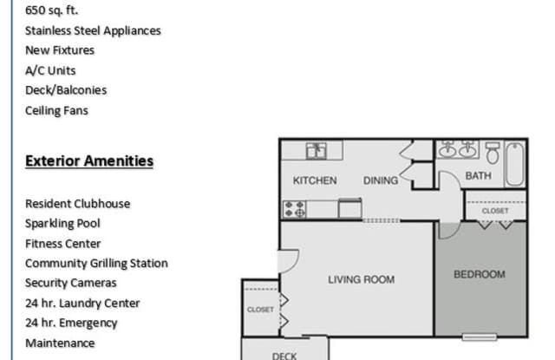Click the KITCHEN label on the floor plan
(x=315, y=180)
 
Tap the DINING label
(x=380, y=180)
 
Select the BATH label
(x=478, y=175)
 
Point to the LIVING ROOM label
(x=361, y=279)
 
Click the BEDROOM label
(x=480, y=274)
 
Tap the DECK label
(x=284, y=355)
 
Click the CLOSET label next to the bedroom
(x=495, y=210)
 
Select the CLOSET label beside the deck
(x=259, y=309)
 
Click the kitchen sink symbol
(x=317, y=151)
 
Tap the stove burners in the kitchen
(x=294, y=208)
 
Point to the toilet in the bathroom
(x=493, y=154)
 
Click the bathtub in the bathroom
(x=515, y=162)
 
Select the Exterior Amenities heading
(x=89, y=160)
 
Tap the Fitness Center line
(x=62, y=244)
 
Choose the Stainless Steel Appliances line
(x=93, y=30)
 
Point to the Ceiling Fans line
(x=56, y=110)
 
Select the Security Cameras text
(x=71, y=283)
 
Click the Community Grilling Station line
(x=96, y=263)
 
